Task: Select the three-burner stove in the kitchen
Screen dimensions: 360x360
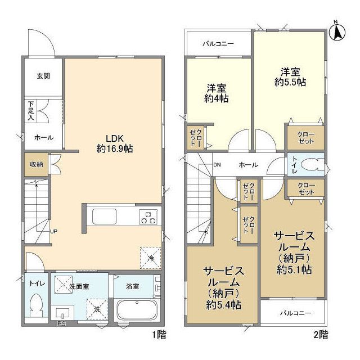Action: (x=150, y=217)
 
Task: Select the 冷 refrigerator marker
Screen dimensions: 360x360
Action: (x=150, y=256)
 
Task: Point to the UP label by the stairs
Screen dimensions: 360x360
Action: (x=53, y=231)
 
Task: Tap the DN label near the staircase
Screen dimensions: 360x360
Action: (x=217, y=165)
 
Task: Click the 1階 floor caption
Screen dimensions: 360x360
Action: (x=159, y=334)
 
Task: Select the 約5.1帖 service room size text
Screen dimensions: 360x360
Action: (x=293, y=269)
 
